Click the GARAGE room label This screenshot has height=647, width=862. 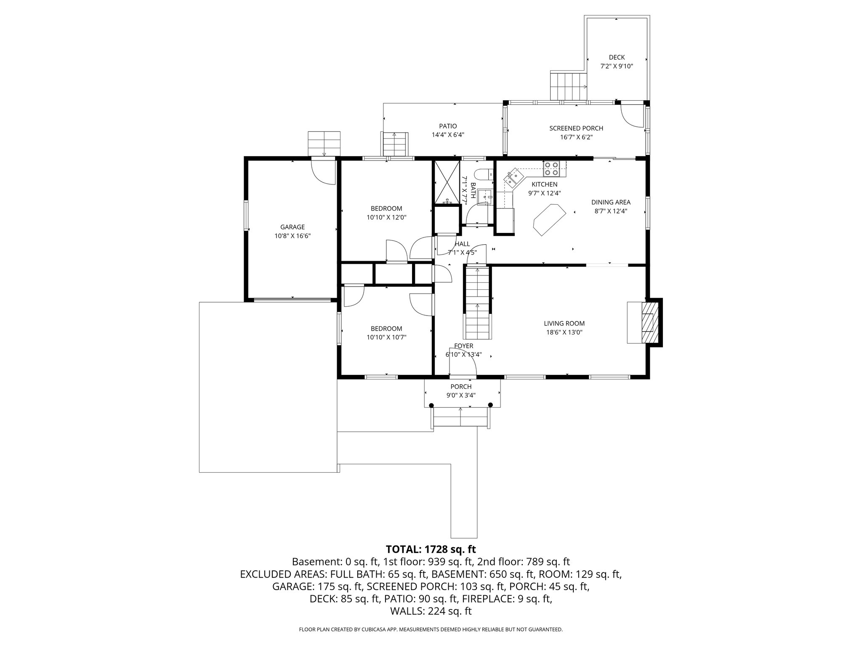point(293,227)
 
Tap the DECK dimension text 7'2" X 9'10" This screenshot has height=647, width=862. point(617,66)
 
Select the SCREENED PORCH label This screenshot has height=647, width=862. point(576,128)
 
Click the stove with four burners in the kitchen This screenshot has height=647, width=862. point(551,168)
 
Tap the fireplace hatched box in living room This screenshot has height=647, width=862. point(648,323)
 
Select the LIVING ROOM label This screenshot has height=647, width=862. point(564,323)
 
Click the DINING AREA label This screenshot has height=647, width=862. point(611,202)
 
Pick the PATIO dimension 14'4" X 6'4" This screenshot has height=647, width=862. point(448,135)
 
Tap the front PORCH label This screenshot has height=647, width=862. point(461,387)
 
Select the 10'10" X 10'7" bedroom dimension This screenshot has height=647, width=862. point(386,337)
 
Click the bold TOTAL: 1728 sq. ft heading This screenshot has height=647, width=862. point(431,549)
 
